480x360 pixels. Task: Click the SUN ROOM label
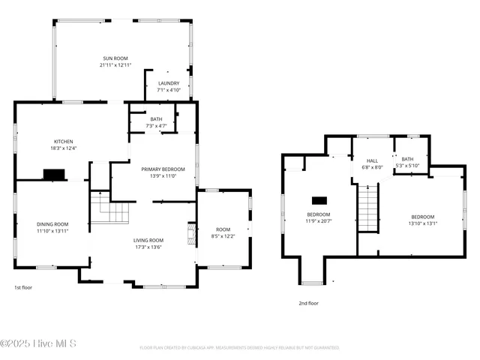pos(115,58)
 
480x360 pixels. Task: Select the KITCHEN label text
pos(63,141)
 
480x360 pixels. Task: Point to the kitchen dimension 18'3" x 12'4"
pos(63,148)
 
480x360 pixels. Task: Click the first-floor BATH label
pos(156,118)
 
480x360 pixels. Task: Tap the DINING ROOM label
pos(52,223)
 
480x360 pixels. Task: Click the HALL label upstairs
pos(372,160)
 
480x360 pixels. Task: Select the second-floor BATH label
pos(407,158)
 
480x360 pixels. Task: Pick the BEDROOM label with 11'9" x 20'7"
pos(318,214)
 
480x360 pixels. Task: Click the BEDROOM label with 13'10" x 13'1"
pos(421,216)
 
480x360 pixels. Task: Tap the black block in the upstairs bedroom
pos(319,200)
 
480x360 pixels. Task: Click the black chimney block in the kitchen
pos(54,174)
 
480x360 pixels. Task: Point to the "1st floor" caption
pos(23,287)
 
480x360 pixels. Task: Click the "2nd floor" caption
pos(308,304)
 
